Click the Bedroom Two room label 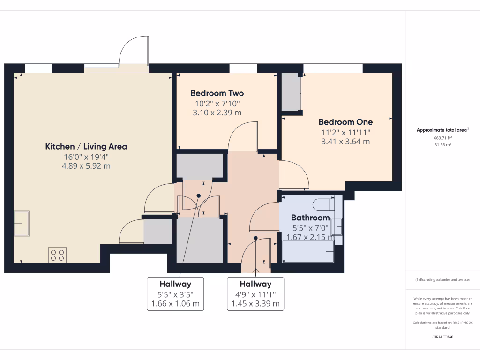click(217, 93)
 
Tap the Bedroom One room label click(345, 122)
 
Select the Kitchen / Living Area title click(86, 146)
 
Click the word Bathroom click(310, 217)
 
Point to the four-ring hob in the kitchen click(57, 255)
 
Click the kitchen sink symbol click(22, 224)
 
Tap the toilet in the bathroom click(324, 204)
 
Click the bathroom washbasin click(337, 227)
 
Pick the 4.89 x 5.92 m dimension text click(86, 166)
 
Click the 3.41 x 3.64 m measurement click(345, 142)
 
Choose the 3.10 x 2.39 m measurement click(217, 112)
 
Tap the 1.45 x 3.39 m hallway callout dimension click(255, 304)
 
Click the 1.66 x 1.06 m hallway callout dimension click(175, 304)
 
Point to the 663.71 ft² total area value click(442, 138)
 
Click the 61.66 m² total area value click(442, 145)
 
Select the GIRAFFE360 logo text click(442, 337)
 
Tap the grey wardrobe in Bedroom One click(290, 92)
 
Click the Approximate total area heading click(442, 130)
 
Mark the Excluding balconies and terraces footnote click(442, 280)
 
